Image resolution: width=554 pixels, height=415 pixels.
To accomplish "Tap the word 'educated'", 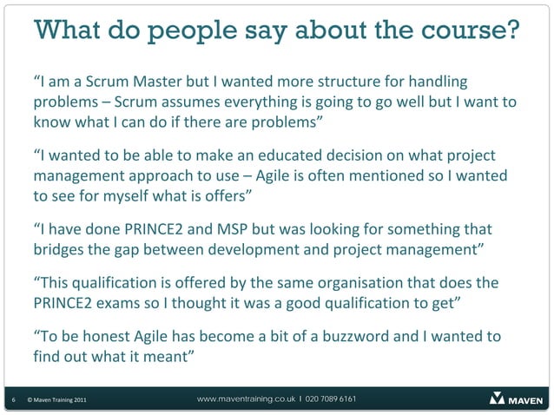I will click(298, 155).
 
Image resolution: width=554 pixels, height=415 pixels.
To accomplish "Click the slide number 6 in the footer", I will click(12, 400).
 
